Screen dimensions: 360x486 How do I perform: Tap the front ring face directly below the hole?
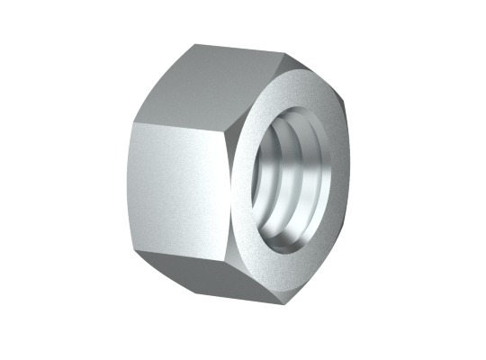(x=297, y=270)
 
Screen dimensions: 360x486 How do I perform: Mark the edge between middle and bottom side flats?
(x=180, y=264)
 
